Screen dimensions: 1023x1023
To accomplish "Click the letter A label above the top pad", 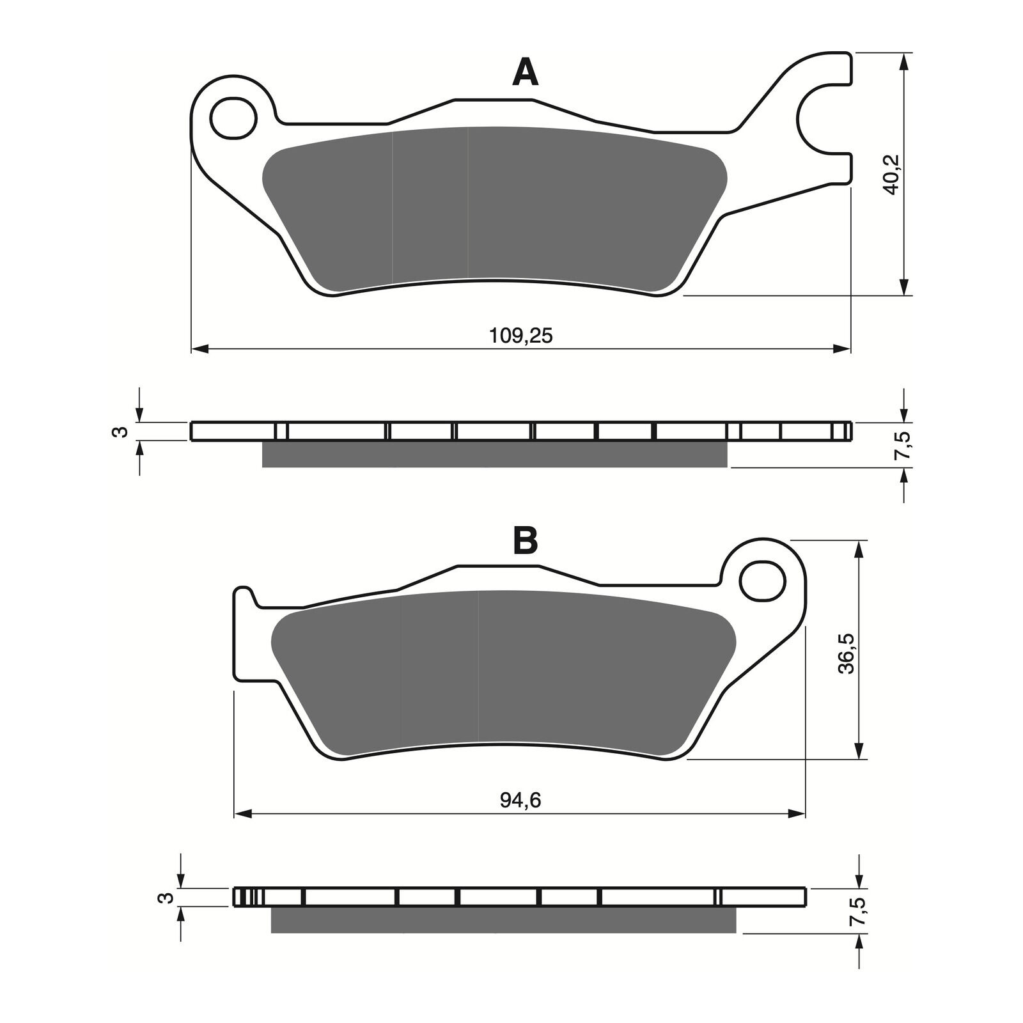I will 525,72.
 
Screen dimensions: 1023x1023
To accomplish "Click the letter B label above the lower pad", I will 526,540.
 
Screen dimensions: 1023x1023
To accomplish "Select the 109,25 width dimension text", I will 520,335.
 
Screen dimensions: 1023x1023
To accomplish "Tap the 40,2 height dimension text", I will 893,174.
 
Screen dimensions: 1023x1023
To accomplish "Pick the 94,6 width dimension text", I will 520,800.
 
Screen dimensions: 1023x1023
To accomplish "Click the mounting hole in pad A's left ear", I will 233,118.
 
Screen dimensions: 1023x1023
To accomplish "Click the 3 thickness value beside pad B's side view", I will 165,897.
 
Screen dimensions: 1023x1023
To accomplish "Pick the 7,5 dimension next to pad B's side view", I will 860,910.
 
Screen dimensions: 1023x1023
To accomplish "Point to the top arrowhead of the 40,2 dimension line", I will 904,61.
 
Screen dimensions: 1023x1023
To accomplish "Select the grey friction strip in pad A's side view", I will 494,455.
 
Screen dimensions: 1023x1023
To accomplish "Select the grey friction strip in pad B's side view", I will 503,920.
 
